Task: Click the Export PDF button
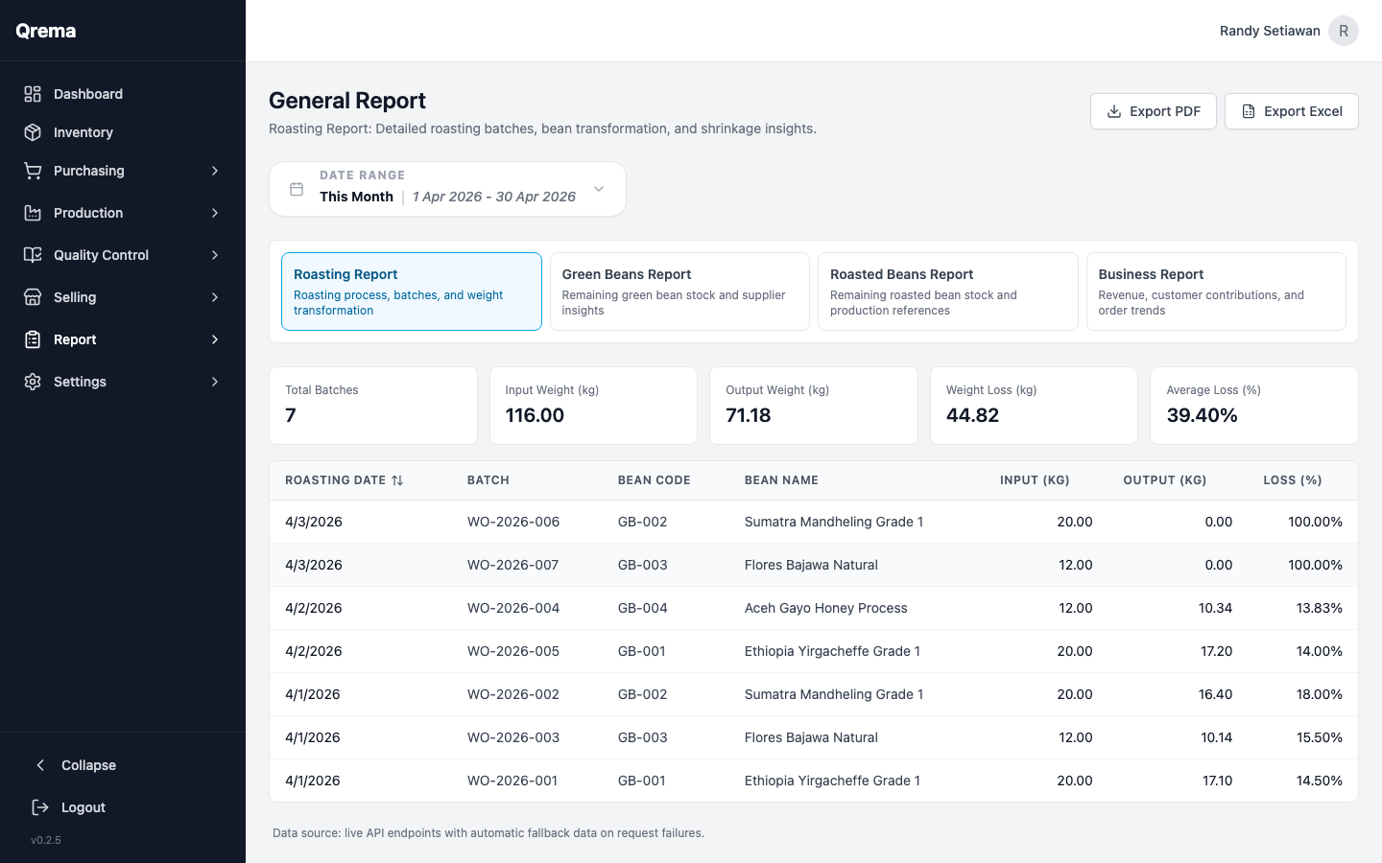(1153, 111)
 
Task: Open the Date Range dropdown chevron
(599, 189)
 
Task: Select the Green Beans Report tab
(679, 292)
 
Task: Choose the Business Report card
(1215, 292)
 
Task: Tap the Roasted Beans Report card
(947, 292)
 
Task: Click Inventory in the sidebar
(83, 132)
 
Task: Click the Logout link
(83, 807)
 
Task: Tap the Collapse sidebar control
(87, 765)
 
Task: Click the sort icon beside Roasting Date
(397, 480)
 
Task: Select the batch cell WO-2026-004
(513, 608)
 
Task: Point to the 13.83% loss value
(1319, 608)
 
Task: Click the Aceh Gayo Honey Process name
(825, 608)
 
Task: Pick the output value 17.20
(1216, 651)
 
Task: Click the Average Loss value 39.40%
(1202, 415)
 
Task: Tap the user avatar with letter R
(1343, 31)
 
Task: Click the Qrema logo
(46, 31)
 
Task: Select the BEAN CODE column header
(654, 480)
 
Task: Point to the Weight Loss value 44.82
(972, 415)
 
